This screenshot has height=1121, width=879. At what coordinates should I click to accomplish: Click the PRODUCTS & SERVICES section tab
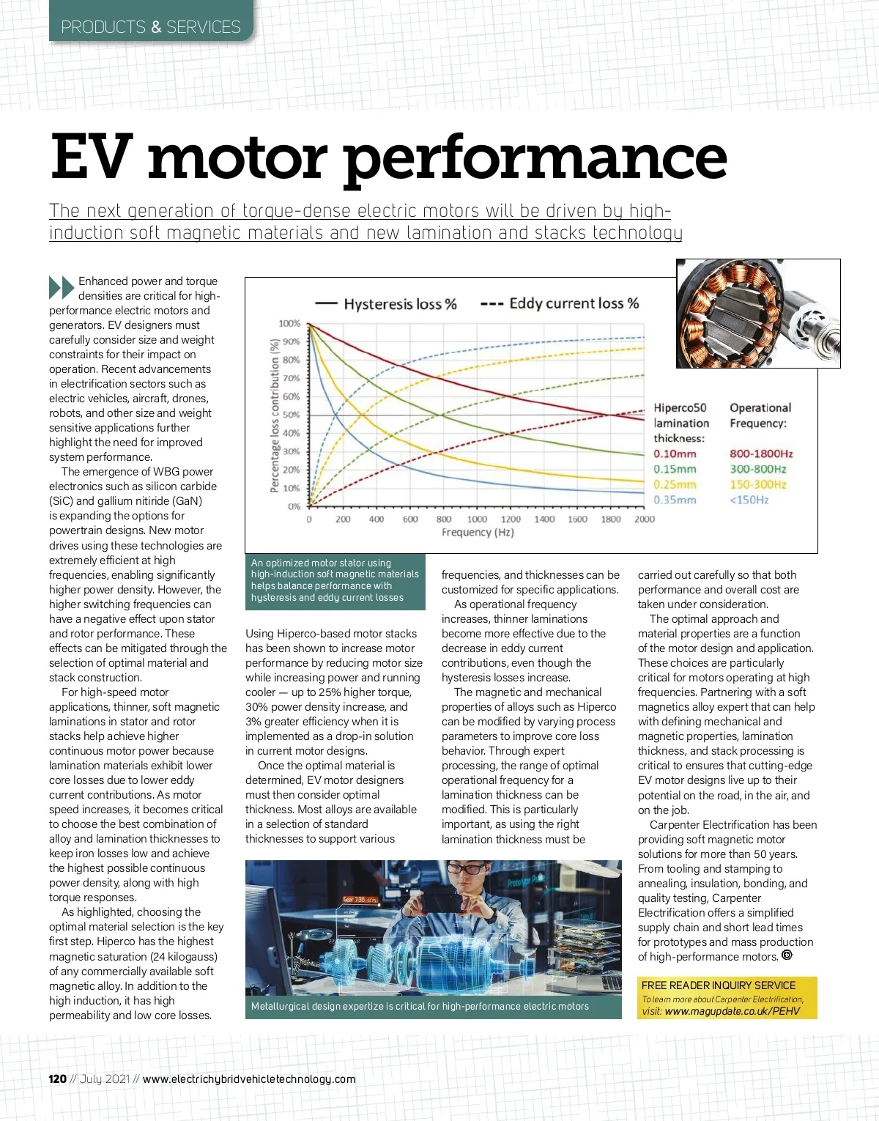click(x=151, y=27)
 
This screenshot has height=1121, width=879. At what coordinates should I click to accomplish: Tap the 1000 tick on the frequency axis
click(x=477, y=519)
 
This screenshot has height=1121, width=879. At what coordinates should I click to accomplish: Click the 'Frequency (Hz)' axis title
click(x=478, y=533)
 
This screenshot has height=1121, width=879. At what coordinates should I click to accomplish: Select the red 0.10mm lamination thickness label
click(x=675, y=454)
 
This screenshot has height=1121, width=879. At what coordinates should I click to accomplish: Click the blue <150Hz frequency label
click(x=749, y=500)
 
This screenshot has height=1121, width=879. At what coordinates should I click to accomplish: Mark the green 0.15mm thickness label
click(x=675, y=470)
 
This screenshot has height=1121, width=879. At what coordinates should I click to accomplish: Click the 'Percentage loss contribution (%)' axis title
click(x=275, y=415)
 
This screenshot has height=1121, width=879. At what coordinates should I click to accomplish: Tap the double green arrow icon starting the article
click(x=62, y=287)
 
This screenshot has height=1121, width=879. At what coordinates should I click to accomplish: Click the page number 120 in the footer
click(x=58, y=1079)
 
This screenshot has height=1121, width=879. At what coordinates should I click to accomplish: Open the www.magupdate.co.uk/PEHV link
click(x=732, y=1011)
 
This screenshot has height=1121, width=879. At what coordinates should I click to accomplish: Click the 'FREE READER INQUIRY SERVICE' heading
click(x=719, y=985)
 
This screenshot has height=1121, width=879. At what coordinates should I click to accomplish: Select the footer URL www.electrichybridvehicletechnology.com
click(x=249, y=1079)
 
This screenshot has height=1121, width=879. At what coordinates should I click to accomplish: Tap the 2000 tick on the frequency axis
click(x=645, y=519)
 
